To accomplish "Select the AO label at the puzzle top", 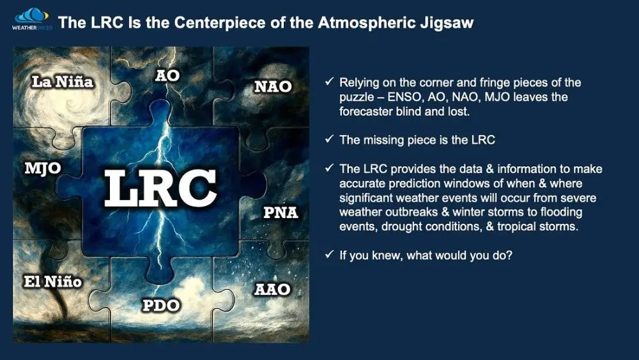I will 167,75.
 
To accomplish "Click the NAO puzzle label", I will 273,86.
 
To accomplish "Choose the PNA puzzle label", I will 281,212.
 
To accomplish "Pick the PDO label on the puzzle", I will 160,306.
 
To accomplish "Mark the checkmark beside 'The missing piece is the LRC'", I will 329,140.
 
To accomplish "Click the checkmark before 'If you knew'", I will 329,254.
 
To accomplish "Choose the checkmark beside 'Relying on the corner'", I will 329,83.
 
